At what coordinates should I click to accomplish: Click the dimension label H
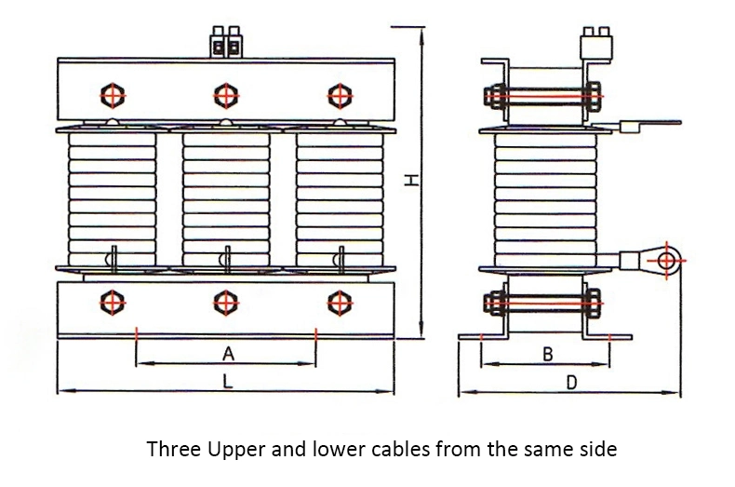coord(410,181)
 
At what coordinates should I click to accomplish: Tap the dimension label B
coord(547,354)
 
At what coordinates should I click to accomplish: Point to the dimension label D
coord(572,382)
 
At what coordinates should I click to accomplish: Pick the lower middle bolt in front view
coord(224,302)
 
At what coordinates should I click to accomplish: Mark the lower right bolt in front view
coord(337,302)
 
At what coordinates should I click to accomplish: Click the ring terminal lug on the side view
coord(666,260)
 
